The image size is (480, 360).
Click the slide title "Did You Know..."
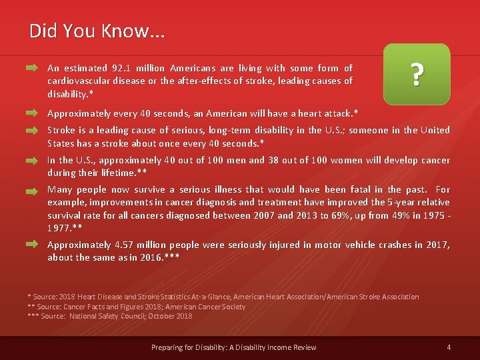[97, 31]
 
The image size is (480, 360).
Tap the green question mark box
[417, 75]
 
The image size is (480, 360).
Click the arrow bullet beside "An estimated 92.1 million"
[32, 68]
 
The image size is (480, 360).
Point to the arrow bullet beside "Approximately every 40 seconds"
[32, 113]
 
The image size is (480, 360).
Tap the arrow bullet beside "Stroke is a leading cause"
[32, 131]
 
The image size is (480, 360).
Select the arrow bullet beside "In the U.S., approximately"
[32, 161]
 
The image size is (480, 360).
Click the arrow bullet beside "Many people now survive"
[32, 190]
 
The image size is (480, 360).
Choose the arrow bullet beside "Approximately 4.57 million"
[32, 245]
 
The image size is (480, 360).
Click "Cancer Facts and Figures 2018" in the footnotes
[118, 307]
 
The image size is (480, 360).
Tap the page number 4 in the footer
[449, 347]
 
